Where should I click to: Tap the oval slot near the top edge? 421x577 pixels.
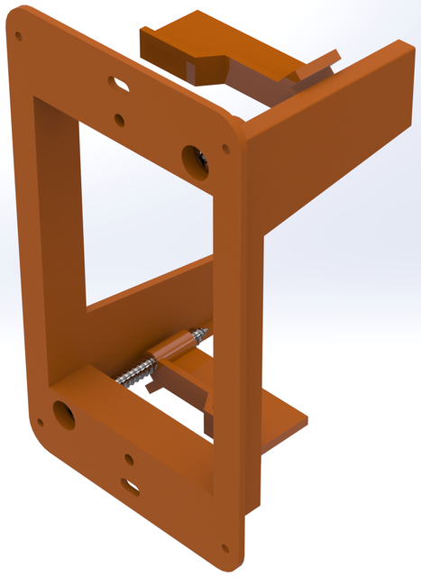117,84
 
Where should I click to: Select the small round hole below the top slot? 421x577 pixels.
120,118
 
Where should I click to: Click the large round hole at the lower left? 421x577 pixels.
64,414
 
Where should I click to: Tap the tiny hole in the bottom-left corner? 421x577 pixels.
39,422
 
